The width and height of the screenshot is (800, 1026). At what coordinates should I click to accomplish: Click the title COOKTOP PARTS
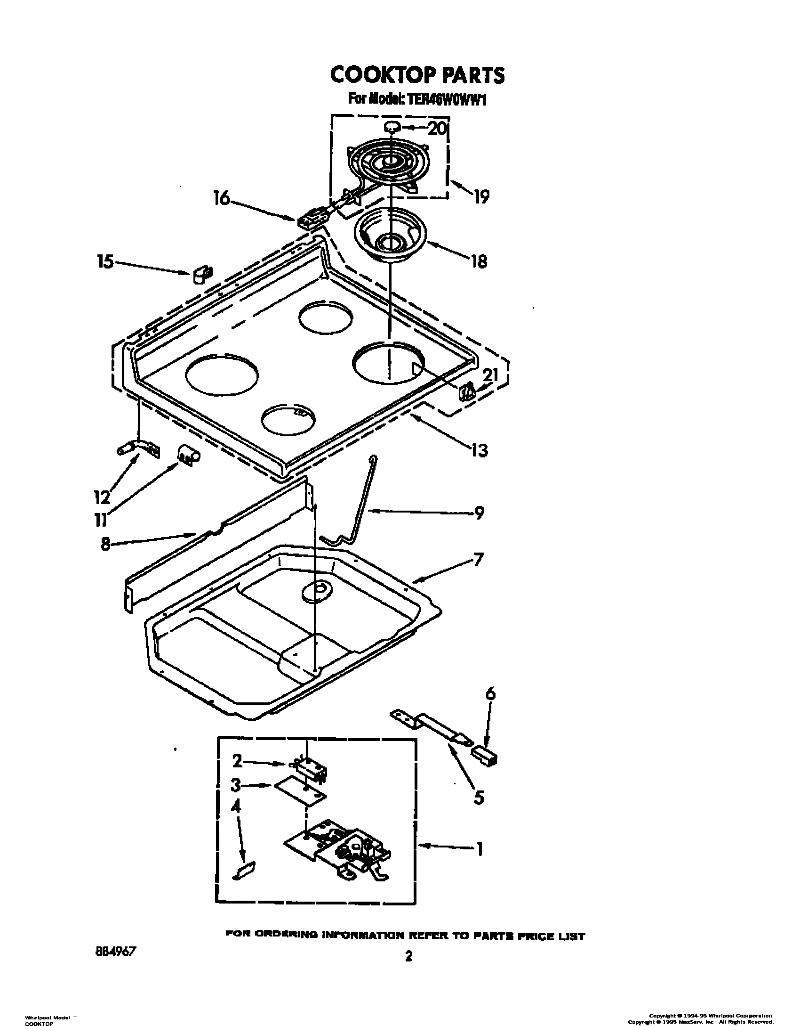click(417, 74)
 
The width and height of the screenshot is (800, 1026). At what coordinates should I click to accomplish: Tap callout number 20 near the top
click(437, 128)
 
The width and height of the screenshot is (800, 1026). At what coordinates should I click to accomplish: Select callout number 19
click(481, 196)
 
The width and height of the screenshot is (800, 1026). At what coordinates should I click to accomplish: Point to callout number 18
click(479, 261)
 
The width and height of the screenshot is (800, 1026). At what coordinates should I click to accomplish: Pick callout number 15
click(105, 261)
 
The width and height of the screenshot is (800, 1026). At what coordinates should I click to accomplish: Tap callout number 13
click(479, 450)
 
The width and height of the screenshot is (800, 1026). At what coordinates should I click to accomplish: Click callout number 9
click(479, 513)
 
